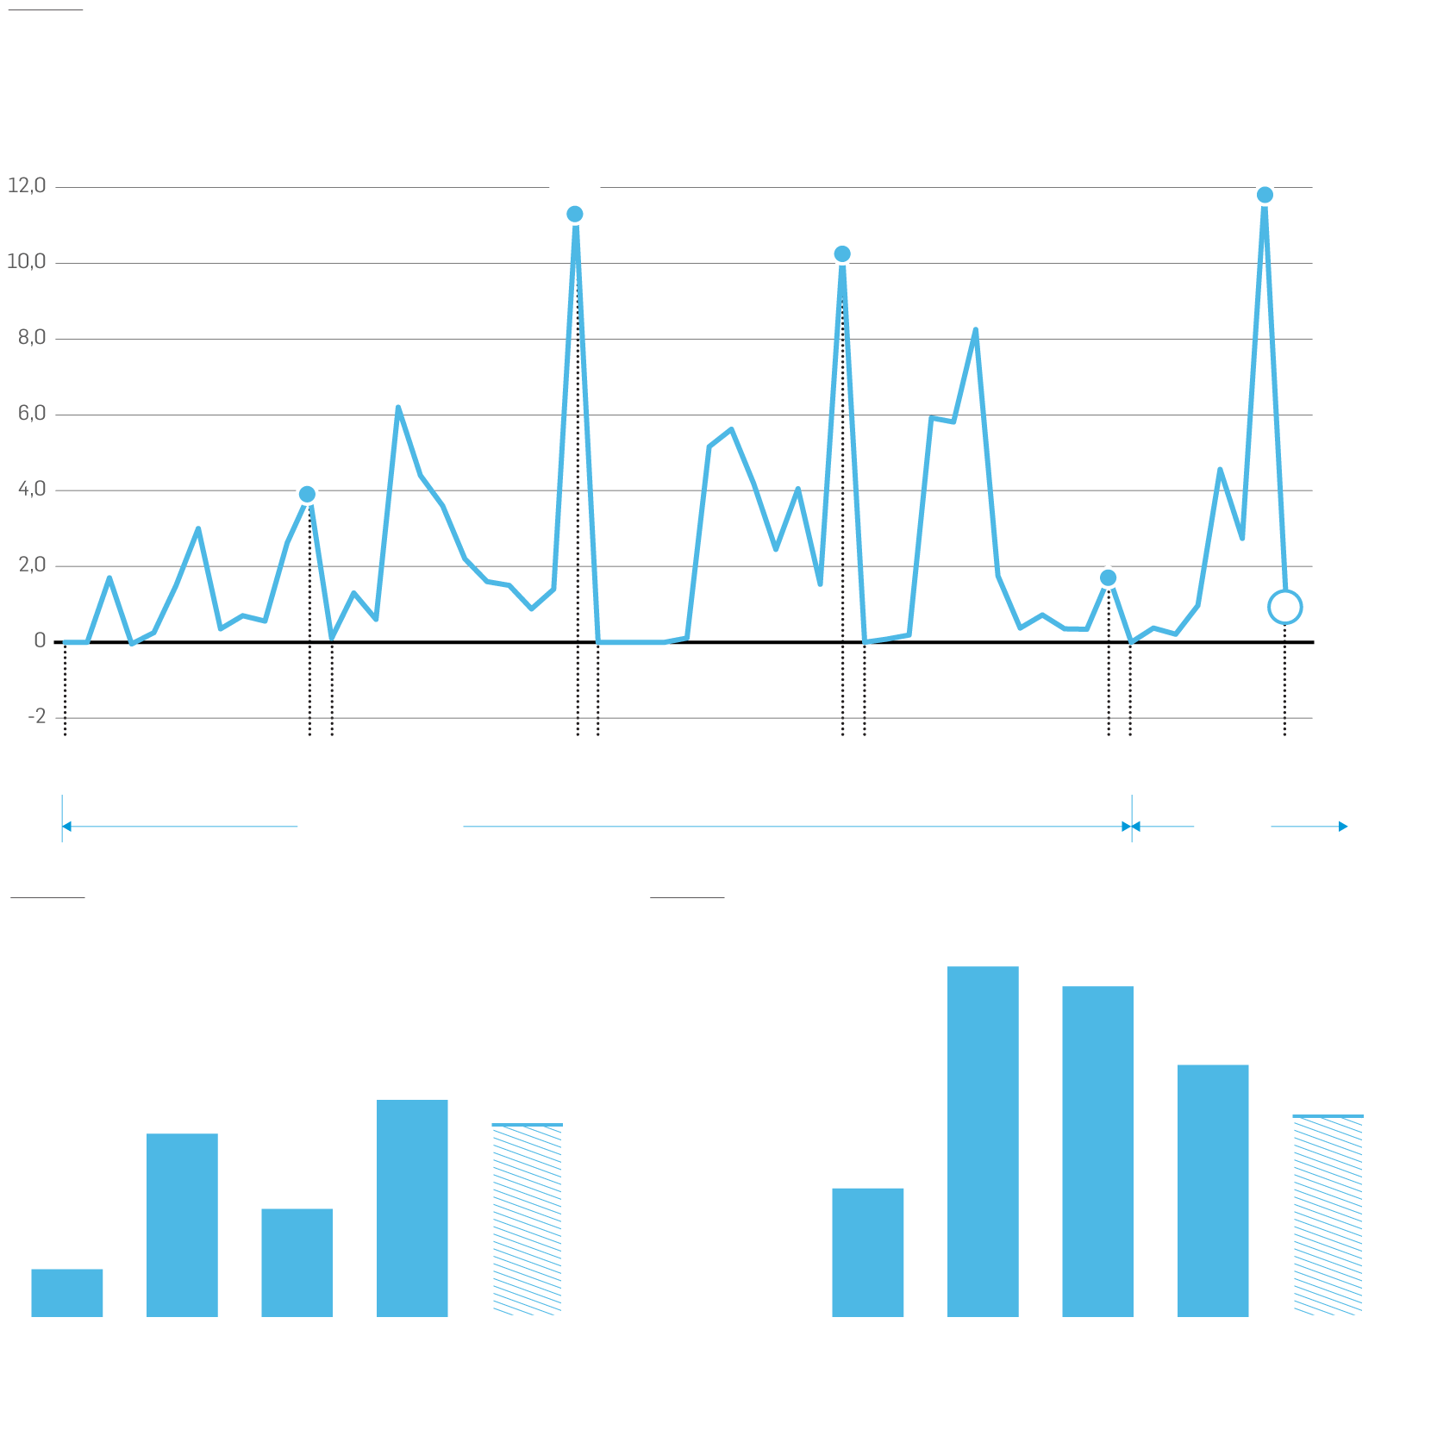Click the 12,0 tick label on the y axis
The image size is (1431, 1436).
(x=27, y=186)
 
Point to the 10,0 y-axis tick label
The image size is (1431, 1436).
(x=27, y=262)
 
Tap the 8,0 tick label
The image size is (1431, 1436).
(x=32, y=338)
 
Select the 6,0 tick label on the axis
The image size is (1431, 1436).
(x=32, y=414)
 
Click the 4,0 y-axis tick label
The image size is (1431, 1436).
(x=32, y=490)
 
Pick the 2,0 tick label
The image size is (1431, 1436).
(x=32, y=565)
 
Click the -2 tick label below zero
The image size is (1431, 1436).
(x=37, y=717)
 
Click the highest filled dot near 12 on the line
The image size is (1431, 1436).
(x=1265, y=195)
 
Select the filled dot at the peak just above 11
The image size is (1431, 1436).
(x=575, y=214)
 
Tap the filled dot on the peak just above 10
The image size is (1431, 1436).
(x=842, y=253)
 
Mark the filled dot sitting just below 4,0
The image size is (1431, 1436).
(x=307, y=494)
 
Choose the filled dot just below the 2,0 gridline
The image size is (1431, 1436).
(x=1109, y=578)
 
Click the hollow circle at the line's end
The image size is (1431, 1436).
(x=1284, y=607)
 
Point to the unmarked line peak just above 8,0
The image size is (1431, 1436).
(x=975, y=330)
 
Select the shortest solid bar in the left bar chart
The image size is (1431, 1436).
(x=67, y=1292)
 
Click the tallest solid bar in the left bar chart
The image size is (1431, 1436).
(x=412, y=1208)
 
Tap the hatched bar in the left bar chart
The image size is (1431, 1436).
(x=528, y=1220)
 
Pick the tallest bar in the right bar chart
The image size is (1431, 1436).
(x=983, y=1141)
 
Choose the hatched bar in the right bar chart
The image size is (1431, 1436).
(x=1328, y=1215)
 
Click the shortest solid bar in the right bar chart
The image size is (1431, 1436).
(x=867, y=1252)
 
